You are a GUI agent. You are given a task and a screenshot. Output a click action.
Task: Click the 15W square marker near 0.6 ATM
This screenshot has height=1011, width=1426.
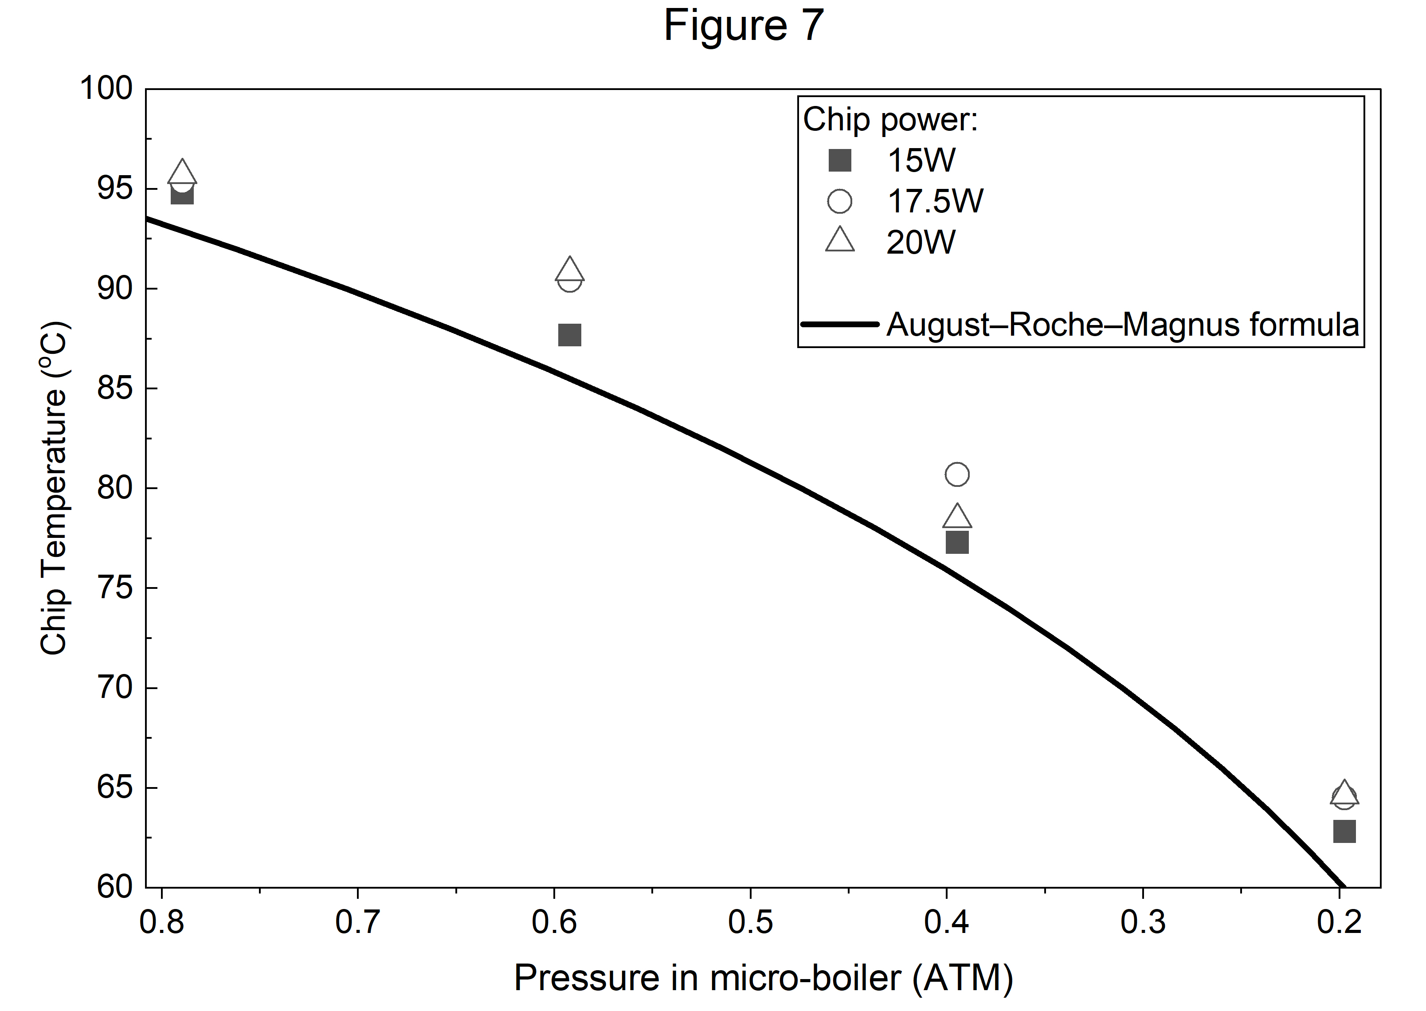coord(569,335)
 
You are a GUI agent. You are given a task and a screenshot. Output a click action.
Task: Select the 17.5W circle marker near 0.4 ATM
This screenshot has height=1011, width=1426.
coord(957,474)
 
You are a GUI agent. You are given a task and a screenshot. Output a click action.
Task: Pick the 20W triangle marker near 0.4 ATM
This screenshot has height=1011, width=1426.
coord(957,517)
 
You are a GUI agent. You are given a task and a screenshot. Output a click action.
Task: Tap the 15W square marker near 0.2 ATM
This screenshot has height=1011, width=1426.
coord(1344,831)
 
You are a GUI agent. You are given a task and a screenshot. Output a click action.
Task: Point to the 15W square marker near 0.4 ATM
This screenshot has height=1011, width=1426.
coord(957,543)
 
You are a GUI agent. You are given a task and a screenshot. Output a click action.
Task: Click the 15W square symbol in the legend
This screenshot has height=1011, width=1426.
coord(840,161)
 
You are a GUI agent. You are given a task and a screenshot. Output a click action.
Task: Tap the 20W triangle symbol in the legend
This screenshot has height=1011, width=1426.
coord(840,240)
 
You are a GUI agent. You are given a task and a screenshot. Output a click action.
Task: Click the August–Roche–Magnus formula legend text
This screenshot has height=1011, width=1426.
coord(1122,324)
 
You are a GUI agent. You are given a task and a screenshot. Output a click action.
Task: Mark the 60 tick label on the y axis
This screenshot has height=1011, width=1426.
coord(115,887)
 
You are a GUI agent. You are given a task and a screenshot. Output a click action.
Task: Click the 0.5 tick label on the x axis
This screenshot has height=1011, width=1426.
coord(750,922)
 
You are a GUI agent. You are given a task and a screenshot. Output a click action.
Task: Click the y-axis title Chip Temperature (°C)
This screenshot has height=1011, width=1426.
coord(54,489)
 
